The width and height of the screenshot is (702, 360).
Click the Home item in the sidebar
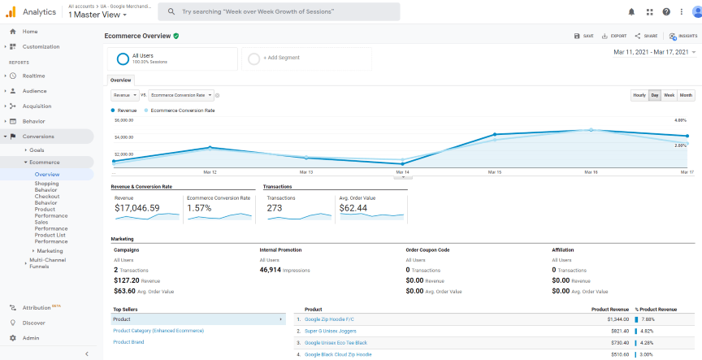click(x=29, y=31)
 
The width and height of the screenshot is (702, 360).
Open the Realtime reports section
click(x=33, y=76)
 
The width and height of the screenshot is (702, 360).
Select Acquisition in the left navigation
click(x=37, y=106)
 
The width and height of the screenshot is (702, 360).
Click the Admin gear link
click(x=30, y=337)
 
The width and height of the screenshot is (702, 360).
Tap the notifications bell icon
click(x=632, y=11)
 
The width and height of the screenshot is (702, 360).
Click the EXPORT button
click(x=613, y=36)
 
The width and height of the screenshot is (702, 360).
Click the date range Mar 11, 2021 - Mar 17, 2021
click(x=653, y=52)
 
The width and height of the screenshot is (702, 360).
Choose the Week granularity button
click(x=669, y=95)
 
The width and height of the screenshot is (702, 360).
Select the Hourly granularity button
click(x=639, y=95)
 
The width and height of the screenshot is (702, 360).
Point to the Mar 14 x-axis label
click(x=402, y=172)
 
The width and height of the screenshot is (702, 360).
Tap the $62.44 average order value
click(x=353, y=208)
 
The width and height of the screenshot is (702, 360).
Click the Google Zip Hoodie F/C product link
click(x=329, y=319)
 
